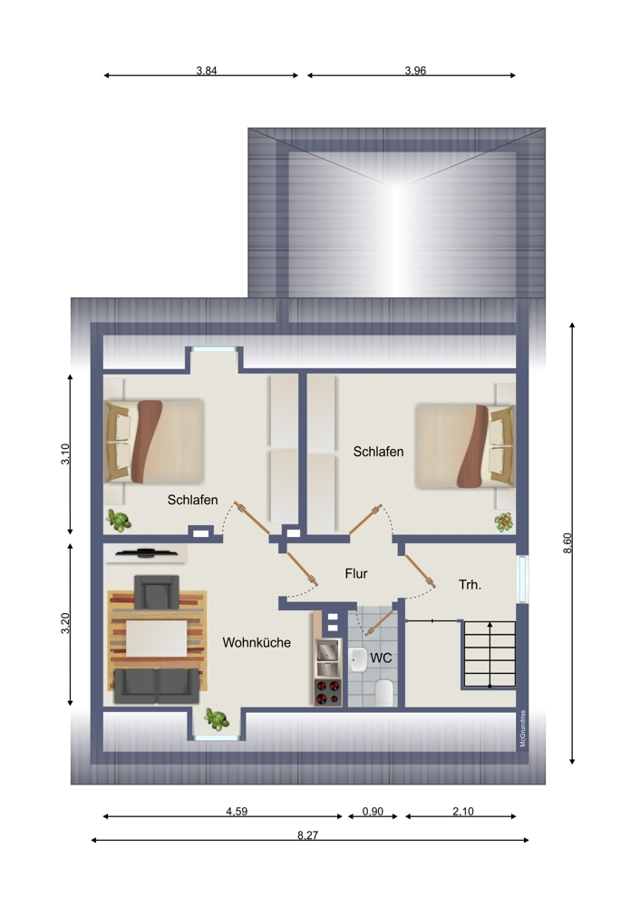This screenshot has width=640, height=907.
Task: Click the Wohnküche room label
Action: point(257,642)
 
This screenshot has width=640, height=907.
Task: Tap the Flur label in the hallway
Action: point(356,573)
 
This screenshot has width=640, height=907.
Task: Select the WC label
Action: point(381,658)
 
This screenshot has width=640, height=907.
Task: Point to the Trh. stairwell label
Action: point(470,585)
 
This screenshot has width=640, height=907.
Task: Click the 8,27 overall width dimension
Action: point(307,834)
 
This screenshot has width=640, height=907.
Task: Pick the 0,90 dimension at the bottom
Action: point(373,812)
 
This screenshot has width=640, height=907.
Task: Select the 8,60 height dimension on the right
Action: point(567,542)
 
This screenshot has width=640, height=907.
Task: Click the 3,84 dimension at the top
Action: point(207,71)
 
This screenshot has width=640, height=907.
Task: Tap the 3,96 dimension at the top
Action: point(415,71)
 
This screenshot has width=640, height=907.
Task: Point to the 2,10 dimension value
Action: point(462,812)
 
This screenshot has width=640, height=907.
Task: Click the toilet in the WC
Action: point(383,693)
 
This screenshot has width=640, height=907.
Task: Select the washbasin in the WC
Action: point(358,659)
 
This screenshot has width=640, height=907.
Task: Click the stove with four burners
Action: point(327,692)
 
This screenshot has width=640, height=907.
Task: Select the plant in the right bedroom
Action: point(503,522)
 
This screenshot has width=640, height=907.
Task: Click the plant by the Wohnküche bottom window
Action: point(215,718)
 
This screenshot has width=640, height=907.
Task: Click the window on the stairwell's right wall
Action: point(522,579)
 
